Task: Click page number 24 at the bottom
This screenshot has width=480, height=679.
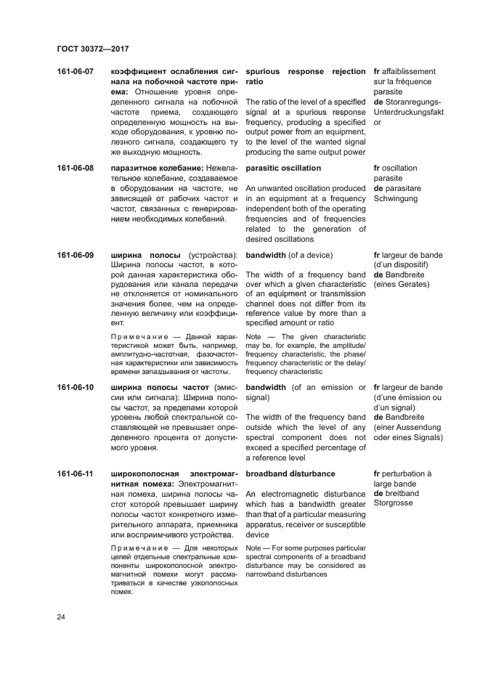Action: click(62, 617)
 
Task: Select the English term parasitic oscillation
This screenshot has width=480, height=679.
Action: click(285, 168)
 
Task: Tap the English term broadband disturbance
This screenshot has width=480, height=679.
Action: click(290, 474)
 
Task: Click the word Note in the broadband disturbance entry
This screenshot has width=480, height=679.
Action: click(254, 548)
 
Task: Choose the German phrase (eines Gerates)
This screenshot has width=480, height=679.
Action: click(401, 284)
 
